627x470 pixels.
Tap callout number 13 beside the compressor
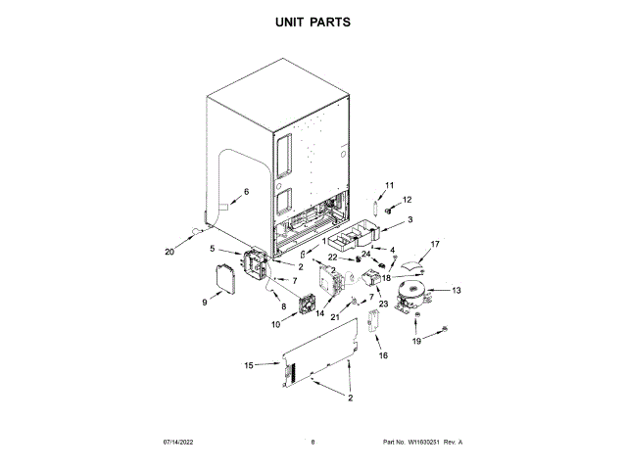click(x=457, y=291)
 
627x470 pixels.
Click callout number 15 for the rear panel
click(x=248, y=365)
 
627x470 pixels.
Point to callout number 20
click(x=169, y=251)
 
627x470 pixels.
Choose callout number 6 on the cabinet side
click(x=246, y=192)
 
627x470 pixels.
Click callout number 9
click(x=205, y=304)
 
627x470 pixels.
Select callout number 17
click(x=436, y=244)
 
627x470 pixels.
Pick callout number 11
click(x=389, y=185)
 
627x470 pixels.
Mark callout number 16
click(x=383, y=355)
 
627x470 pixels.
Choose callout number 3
click(x=410, y=220)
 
